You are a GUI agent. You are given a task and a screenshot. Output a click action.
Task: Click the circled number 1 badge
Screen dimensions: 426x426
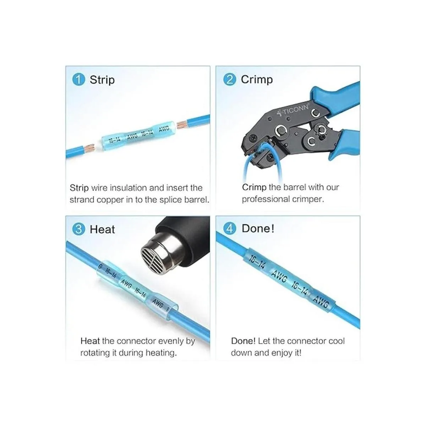[78, 80]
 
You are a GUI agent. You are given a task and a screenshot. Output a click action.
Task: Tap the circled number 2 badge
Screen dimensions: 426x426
[230, 80]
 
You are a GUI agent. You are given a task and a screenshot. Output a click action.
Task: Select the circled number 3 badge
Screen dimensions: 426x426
[78, 229]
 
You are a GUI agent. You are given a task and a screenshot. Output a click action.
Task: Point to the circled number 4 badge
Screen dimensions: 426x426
[230, 228]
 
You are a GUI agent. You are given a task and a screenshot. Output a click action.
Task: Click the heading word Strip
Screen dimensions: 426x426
[102, 80]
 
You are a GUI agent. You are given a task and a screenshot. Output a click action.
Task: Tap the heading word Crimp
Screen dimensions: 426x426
[257, 80]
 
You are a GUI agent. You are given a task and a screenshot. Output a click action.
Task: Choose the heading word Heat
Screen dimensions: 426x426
[102, 229]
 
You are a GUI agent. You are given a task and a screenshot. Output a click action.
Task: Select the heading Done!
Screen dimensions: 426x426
[258, 228]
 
